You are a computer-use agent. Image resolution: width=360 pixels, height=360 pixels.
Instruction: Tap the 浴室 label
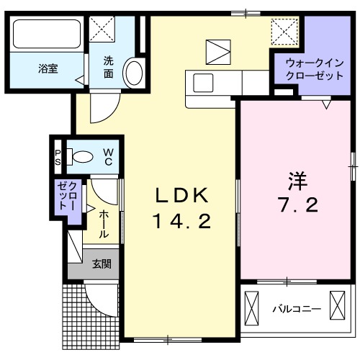click(x=48, y=69)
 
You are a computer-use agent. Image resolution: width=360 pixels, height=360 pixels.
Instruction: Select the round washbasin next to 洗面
click(x=133, y=73)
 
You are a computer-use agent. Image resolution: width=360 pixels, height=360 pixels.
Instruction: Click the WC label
click(x=107, y=156)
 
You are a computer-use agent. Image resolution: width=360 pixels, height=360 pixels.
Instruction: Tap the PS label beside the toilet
click(x=58, y=156)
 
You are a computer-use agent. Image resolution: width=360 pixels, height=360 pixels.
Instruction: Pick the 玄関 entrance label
click(x=101, y=264)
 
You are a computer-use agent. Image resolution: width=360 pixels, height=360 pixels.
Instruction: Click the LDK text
click(x=182, y=195)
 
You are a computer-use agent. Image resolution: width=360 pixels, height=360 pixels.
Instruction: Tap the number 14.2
click(x=181, y=222)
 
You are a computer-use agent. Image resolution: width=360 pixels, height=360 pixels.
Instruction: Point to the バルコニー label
click(x=297, y=309)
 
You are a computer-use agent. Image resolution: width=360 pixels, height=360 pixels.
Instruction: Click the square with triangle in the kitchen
click(x=216, y=52)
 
